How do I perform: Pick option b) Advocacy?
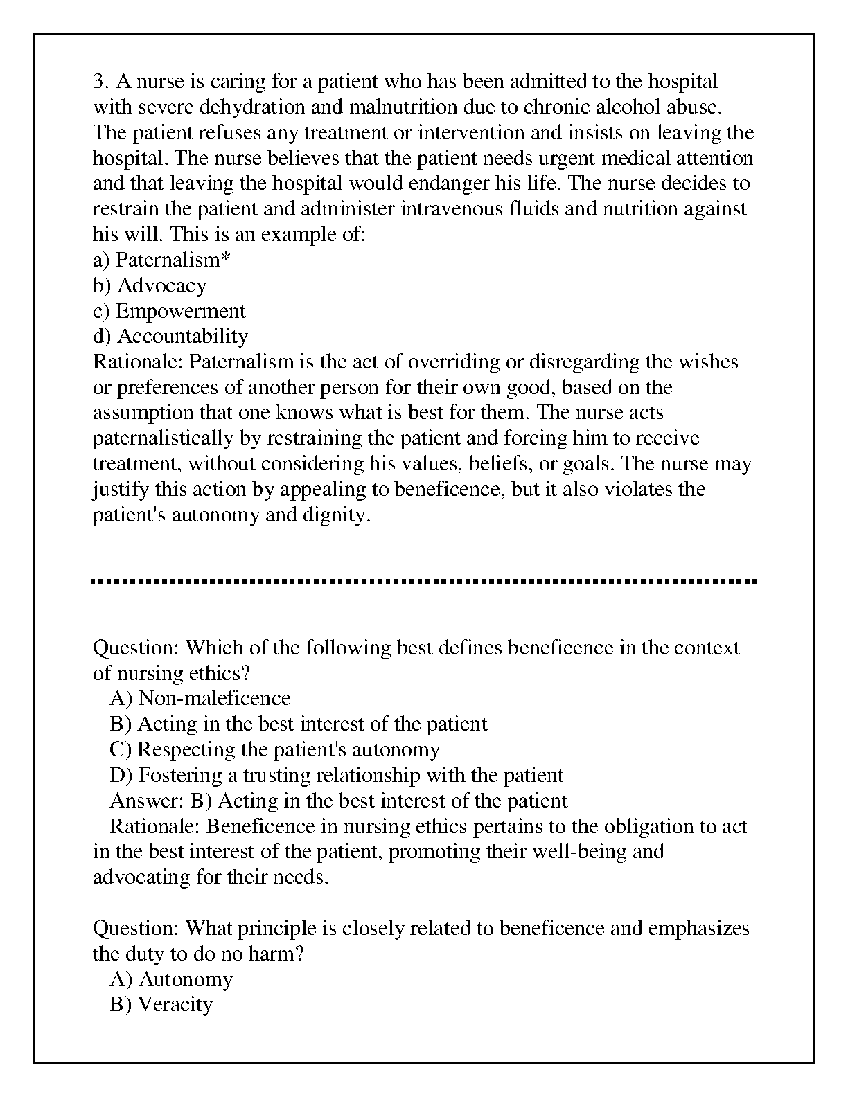point(150,285)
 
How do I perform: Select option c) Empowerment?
point(169,311)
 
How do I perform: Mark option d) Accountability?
point(170,337)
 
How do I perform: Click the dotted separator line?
point(423,581)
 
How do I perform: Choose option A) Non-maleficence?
point(200,698)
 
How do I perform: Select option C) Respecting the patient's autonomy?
point(274,749)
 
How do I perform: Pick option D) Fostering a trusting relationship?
point(337,775)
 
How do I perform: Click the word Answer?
point(147,801)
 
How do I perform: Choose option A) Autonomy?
point(171,979)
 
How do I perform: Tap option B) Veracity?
point(161,1005)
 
